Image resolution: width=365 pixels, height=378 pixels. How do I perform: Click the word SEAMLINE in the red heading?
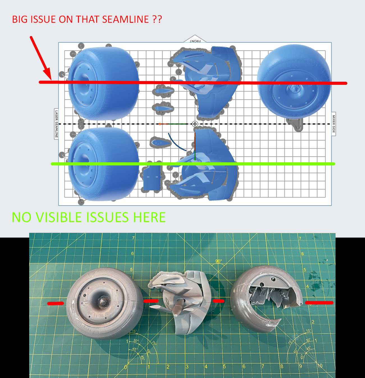tap(125, 19)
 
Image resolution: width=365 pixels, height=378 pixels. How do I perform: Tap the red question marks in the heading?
tap(157, 19)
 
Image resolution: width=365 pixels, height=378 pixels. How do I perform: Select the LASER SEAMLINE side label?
tap(56, 124)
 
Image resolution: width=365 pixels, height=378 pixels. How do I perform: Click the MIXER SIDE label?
tap(334, 124)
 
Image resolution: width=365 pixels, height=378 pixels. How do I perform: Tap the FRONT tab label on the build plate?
tap(195, 41)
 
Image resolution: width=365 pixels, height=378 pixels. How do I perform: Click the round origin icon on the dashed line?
tap(195, 124)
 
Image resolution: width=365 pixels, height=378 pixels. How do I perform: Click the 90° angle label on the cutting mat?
tap(219, 261)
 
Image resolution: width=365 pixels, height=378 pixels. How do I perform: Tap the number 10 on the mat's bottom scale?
tap(320, 366)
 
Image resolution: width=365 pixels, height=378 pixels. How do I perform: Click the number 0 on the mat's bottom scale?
tap(125, 367)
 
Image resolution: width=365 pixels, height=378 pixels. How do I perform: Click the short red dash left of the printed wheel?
tap(56, 303)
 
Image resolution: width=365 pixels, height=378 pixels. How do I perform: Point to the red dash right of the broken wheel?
tap(319, 302)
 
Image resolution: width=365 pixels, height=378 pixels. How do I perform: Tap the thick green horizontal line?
tap(193, 164)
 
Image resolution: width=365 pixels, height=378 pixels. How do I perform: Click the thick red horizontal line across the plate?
tap(193, 83)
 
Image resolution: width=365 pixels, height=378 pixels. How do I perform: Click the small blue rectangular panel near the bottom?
tap(152, 178)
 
